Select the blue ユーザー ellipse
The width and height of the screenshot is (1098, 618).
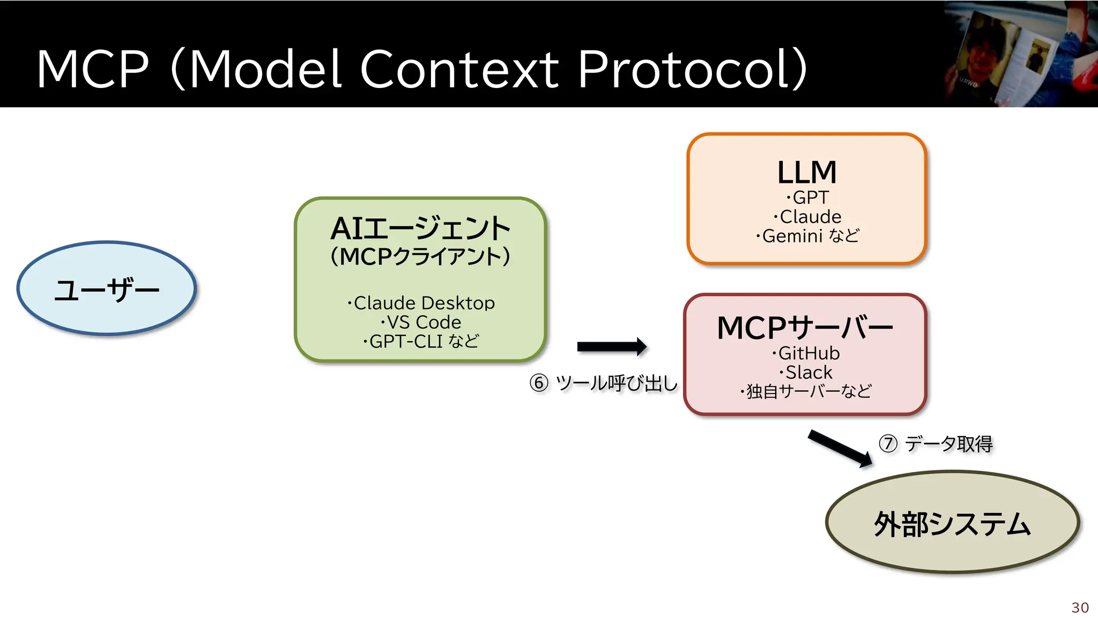point(107,289)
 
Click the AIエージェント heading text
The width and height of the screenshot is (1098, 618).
point(420,229)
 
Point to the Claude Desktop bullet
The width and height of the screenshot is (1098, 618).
point(421,303)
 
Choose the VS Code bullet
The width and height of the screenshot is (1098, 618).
point(421,322)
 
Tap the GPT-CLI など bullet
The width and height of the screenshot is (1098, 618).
point(421,341)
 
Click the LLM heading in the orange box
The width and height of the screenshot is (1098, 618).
point(807,173)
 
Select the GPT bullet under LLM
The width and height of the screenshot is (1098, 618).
point(808,197)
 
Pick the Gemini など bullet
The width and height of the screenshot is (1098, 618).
point(808,236)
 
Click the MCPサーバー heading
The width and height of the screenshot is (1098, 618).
point(805,328)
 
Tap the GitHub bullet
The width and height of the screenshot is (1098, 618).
point(806,353)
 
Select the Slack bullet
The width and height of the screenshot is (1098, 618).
point(806,372)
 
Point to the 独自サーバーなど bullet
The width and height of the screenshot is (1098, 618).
point(806,392)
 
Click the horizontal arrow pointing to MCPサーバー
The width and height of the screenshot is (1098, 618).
point(611,347)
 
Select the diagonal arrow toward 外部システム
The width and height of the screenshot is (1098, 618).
point(839,448)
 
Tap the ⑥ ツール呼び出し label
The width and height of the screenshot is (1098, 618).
point(604,383)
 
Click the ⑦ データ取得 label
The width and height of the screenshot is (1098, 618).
point(936,444)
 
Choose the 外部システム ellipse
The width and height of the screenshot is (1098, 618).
point(952,523)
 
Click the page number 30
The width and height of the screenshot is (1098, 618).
point(1080,607)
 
